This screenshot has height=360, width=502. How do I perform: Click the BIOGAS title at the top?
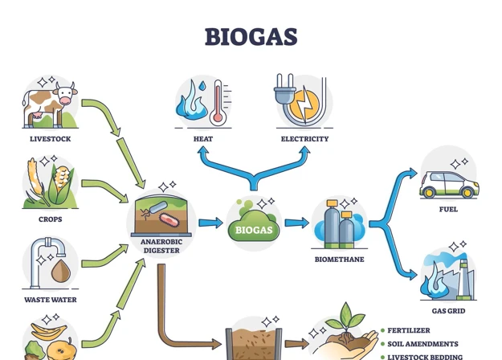(x=251, y=36)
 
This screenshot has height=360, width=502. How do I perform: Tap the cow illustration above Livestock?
(x=50, y=104)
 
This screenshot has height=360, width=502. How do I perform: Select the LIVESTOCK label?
(x=50, y=139)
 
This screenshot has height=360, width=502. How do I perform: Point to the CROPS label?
(x=50, y=219)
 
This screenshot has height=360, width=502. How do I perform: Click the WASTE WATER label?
(x=50, y=300)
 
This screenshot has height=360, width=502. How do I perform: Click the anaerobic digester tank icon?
(x=162, y=214)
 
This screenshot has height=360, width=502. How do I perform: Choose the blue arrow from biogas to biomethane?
(x=296, y=223)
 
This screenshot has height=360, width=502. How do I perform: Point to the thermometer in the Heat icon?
(x=217, y=103)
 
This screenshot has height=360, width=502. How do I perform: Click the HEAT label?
(x=203, y=139)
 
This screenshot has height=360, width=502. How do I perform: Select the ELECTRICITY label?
(x=304, y=139)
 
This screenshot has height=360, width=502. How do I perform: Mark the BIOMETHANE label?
(x=339, y=260)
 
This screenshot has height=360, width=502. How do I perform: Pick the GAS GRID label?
(x=448, y=311)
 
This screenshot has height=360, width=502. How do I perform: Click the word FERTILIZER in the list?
(x=409, y=330)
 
